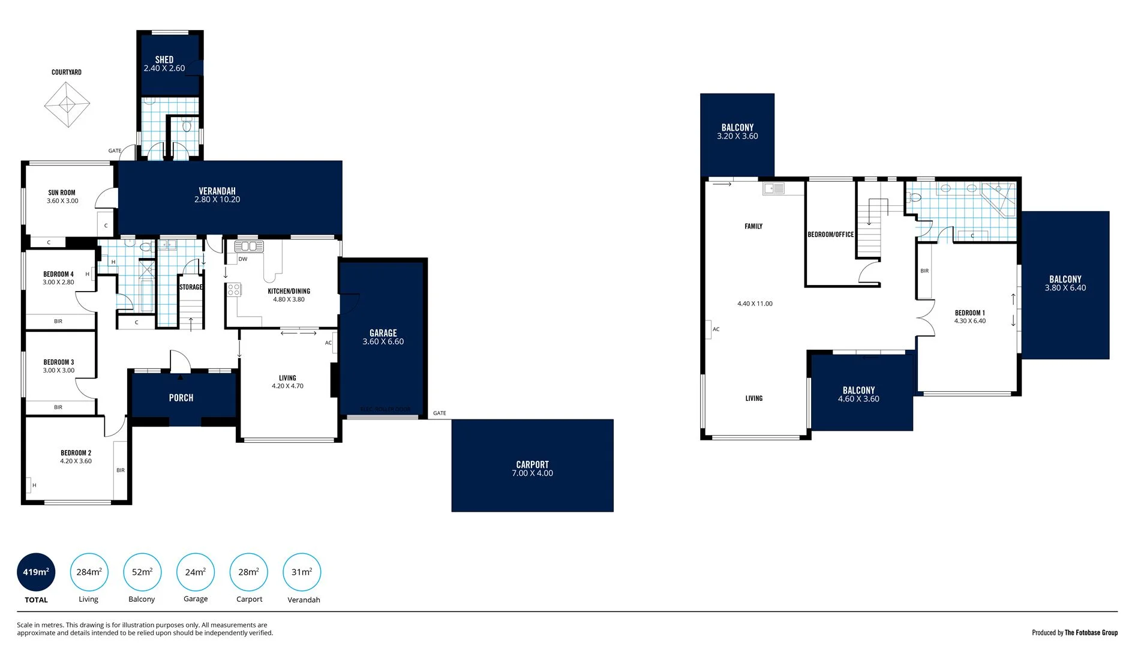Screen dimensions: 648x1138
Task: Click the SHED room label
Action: [x=164, y=60]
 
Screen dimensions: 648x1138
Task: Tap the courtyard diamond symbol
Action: [x=67, y=104]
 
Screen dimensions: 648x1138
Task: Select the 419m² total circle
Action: [x=36, y=572]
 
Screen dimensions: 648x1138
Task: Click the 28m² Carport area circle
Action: [x=248, y=572]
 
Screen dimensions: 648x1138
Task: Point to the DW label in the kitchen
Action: [x=243, y=259]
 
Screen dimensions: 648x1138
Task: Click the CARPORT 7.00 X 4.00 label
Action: [x=532, y=469]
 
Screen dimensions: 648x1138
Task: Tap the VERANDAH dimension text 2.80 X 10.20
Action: [x=217, y=200]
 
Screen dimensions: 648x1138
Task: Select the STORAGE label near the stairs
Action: [x=191, y=287]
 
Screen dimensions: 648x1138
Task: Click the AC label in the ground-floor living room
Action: [x=328, y=343]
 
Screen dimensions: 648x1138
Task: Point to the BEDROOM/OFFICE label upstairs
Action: [x=830, y=235]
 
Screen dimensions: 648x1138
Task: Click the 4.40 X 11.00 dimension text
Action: [x=755, y=304]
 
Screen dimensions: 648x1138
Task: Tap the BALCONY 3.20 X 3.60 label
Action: [x=737, y=131]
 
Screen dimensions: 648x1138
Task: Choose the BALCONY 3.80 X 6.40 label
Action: [x=1065, y=283]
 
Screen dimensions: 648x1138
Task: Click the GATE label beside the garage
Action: [x=440, y=413]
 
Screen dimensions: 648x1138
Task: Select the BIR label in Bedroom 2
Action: [x=121, y=470]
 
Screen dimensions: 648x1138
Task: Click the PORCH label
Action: [x=181, y=398]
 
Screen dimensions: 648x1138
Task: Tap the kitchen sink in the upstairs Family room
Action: [x=773, y=189]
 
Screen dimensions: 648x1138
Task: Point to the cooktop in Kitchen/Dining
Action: [x=234, y=290]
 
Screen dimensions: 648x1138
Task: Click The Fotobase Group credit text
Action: [x=1091, y=632]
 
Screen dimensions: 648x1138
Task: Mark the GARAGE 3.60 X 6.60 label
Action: [x=383, y=337]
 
